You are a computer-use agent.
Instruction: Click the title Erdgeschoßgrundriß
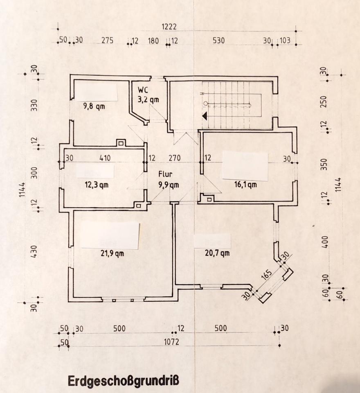coord(123,381)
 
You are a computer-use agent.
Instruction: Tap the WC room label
coord(143,89)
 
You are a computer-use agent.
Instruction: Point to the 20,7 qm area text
coord(217,253)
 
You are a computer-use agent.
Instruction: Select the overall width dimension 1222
coord(169,27)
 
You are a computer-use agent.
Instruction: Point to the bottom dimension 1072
coord(172,342)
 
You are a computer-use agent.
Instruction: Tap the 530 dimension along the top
coord(219,41)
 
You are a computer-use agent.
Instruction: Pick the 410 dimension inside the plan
coord(105,158)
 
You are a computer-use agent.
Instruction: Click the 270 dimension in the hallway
coord(175,158)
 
